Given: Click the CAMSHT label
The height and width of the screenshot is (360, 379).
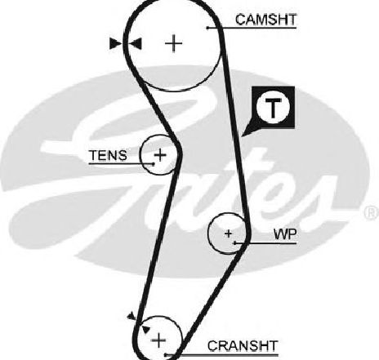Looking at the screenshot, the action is [x=265, y=20].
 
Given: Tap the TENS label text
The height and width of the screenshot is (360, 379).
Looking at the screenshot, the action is [x=108, y=155].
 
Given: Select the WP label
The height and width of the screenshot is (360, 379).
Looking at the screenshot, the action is [x=285, y=234].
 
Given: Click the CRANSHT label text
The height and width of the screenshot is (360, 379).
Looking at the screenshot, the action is [x=243, y=346].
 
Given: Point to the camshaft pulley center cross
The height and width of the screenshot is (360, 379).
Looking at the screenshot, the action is [x=174, y=43].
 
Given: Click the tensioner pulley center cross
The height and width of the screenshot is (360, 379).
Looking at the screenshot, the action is [x=160, y=155].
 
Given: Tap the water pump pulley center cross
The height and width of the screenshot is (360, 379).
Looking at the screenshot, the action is [x=229, y=233].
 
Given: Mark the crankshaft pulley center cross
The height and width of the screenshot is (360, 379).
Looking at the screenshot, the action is [x=158, y=340].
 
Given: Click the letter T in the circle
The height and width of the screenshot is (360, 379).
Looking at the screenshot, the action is [x=273, y=108].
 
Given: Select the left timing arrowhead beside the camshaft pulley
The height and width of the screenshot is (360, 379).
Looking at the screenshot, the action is [x=115, y=43].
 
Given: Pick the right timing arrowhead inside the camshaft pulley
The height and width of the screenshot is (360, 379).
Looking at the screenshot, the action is [x=136, y=43].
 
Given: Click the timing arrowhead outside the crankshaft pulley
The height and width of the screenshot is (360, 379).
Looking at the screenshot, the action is [x=132, y=316].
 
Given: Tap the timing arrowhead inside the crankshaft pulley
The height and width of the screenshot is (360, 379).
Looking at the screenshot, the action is [x=145, y=329].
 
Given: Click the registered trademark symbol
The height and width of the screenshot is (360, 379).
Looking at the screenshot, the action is [x=372, y=212].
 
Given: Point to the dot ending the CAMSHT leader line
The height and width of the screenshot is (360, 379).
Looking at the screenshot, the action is [x=207, y=28].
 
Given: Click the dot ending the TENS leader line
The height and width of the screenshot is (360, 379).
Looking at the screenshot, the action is [x=154, y=164].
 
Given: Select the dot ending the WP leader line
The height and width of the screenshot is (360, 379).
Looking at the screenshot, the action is [x=235, y=242].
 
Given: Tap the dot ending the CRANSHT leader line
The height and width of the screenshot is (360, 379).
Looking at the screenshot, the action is [x=165, y=355].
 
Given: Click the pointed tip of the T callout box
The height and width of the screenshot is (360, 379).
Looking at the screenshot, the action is [x=242, y=136].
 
